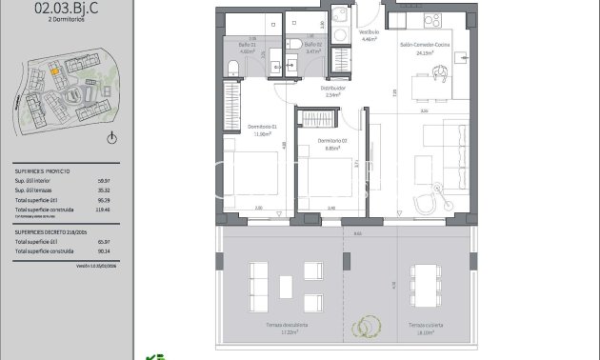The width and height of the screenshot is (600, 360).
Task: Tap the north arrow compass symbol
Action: [112, 139]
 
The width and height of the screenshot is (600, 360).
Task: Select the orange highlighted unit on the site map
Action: [55, 69]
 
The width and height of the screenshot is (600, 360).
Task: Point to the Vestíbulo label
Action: [369, 33]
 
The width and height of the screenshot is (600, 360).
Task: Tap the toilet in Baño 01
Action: [233, 66]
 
